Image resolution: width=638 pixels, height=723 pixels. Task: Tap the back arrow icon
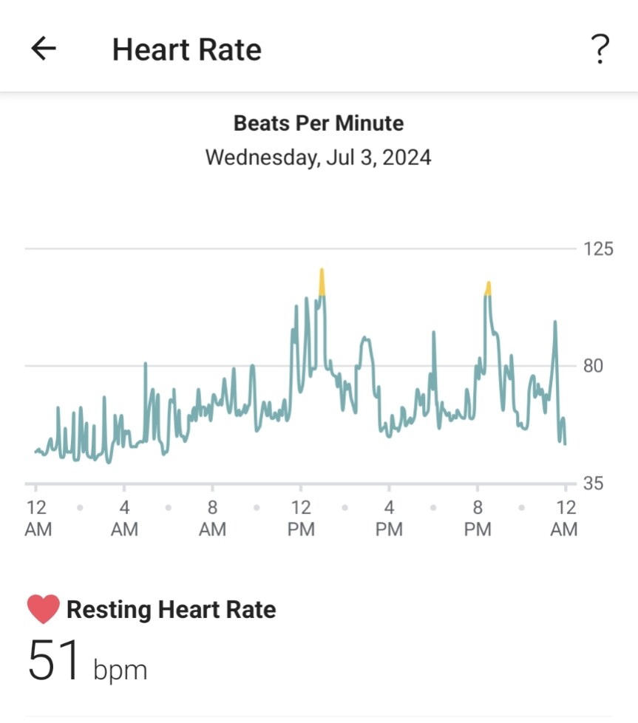coord(44,49)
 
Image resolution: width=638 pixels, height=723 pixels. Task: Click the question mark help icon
coord(600,50)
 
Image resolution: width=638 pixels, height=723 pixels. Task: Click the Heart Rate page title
coord(186,50)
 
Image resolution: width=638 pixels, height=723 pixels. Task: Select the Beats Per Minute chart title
coord(319,123)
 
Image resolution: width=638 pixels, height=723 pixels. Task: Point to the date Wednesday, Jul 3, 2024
coord(319,157)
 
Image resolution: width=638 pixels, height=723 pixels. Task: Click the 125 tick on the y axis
coord(598,249)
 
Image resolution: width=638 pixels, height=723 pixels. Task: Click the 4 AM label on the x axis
coord(124,518)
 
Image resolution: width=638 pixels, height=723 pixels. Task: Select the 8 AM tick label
coord(212,518)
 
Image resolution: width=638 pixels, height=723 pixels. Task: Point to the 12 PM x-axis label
coord(300,518)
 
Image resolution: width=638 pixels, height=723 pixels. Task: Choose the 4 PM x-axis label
coord(389,518)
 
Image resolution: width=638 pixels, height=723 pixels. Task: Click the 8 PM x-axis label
coord(477,518)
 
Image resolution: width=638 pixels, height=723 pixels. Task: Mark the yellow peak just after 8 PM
coord(488,288)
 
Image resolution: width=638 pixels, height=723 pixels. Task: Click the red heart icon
coord(43,610)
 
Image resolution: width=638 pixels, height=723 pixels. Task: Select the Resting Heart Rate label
coord(171,610)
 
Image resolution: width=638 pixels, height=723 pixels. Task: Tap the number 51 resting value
coord(54,661)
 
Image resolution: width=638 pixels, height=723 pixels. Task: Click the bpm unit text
coord(120,670)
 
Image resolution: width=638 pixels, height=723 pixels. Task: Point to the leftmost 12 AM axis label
coord(36,518)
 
